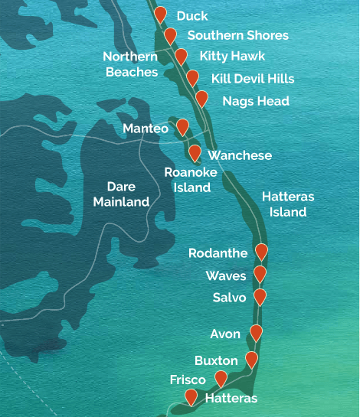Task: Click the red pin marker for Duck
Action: coord(160,15)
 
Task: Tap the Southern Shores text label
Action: coord(237,35)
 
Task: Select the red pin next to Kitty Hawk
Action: coord(181,56)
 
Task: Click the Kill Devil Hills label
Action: coord(252,78)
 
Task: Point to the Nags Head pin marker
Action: coord(201,99)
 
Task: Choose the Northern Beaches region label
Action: coord(130,64)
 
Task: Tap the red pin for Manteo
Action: coord(182,127)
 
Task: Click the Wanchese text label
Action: coord(240,155)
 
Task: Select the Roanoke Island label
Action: coord(191,179)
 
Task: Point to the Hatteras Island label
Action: coord(289,204)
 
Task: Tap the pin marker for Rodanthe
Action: coord(261,251)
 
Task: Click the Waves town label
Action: coord(225,275)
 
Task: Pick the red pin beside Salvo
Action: coord(260,296)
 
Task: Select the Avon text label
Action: coord(225,334)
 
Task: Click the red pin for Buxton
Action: coord(251,360)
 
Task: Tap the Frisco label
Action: coord(188,380)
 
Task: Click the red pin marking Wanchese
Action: coord(195,153)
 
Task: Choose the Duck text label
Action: coord(191,15)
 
